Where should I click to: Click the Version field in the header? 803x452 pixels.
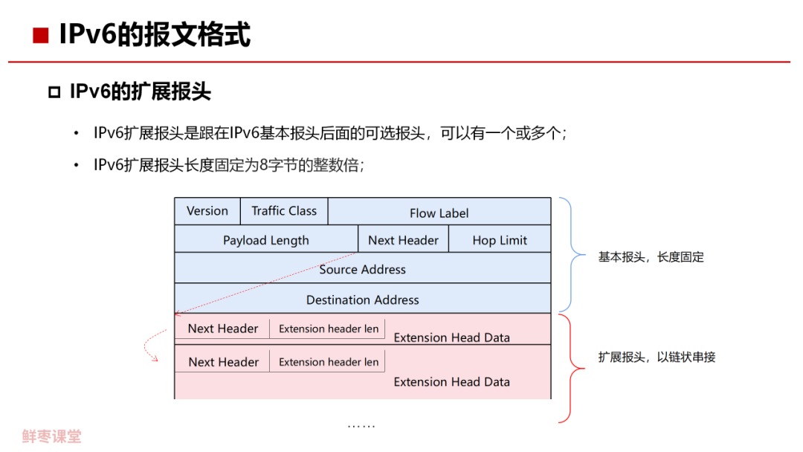[x=207, y=211]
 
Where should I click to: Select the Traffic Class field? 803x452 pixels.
[x=284, y=211]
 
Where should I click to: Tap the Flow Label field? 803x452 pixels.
[x=439, y=213]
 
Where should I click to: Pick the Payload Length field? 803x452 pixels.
[x=265, y=240]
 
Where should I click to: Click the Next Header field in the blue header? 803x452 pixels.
[x=403, y=240]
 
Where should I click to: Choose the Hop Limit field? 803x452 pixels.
[x=500, y=240]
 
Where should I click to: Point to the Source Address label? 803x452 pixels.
[x=363, y=269]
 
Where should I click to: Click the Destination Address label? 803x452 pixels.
[x=363, y=300]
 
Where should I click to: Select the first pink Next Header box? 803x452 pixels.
[x=222, y=329]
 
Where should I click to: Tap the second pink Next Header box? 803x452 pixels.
[x=223, y=362]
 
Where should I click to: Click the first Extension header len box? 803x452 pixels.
[x=328, y=329]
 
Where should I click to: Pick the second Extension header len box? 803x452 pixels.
[x=328, y=362]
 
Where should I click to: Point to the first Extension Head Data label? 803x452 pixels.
[x=452, y=338]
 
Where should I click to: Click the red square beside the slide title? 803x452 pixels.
[x=41, y=35]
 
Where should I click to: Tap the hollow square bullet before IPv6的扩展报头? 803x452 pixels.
[x=54, y=92]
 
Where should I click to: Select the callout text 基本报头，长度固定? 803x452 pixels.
[x=651, y=257]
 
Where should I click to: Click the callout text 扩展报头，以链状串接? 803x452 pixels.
[x=657, y=357]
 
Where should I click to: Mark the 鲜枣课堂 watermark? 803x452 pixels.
[x=52, y=436]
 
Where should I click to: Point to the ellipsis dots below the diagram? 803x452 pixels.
[x=361, y=426]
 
